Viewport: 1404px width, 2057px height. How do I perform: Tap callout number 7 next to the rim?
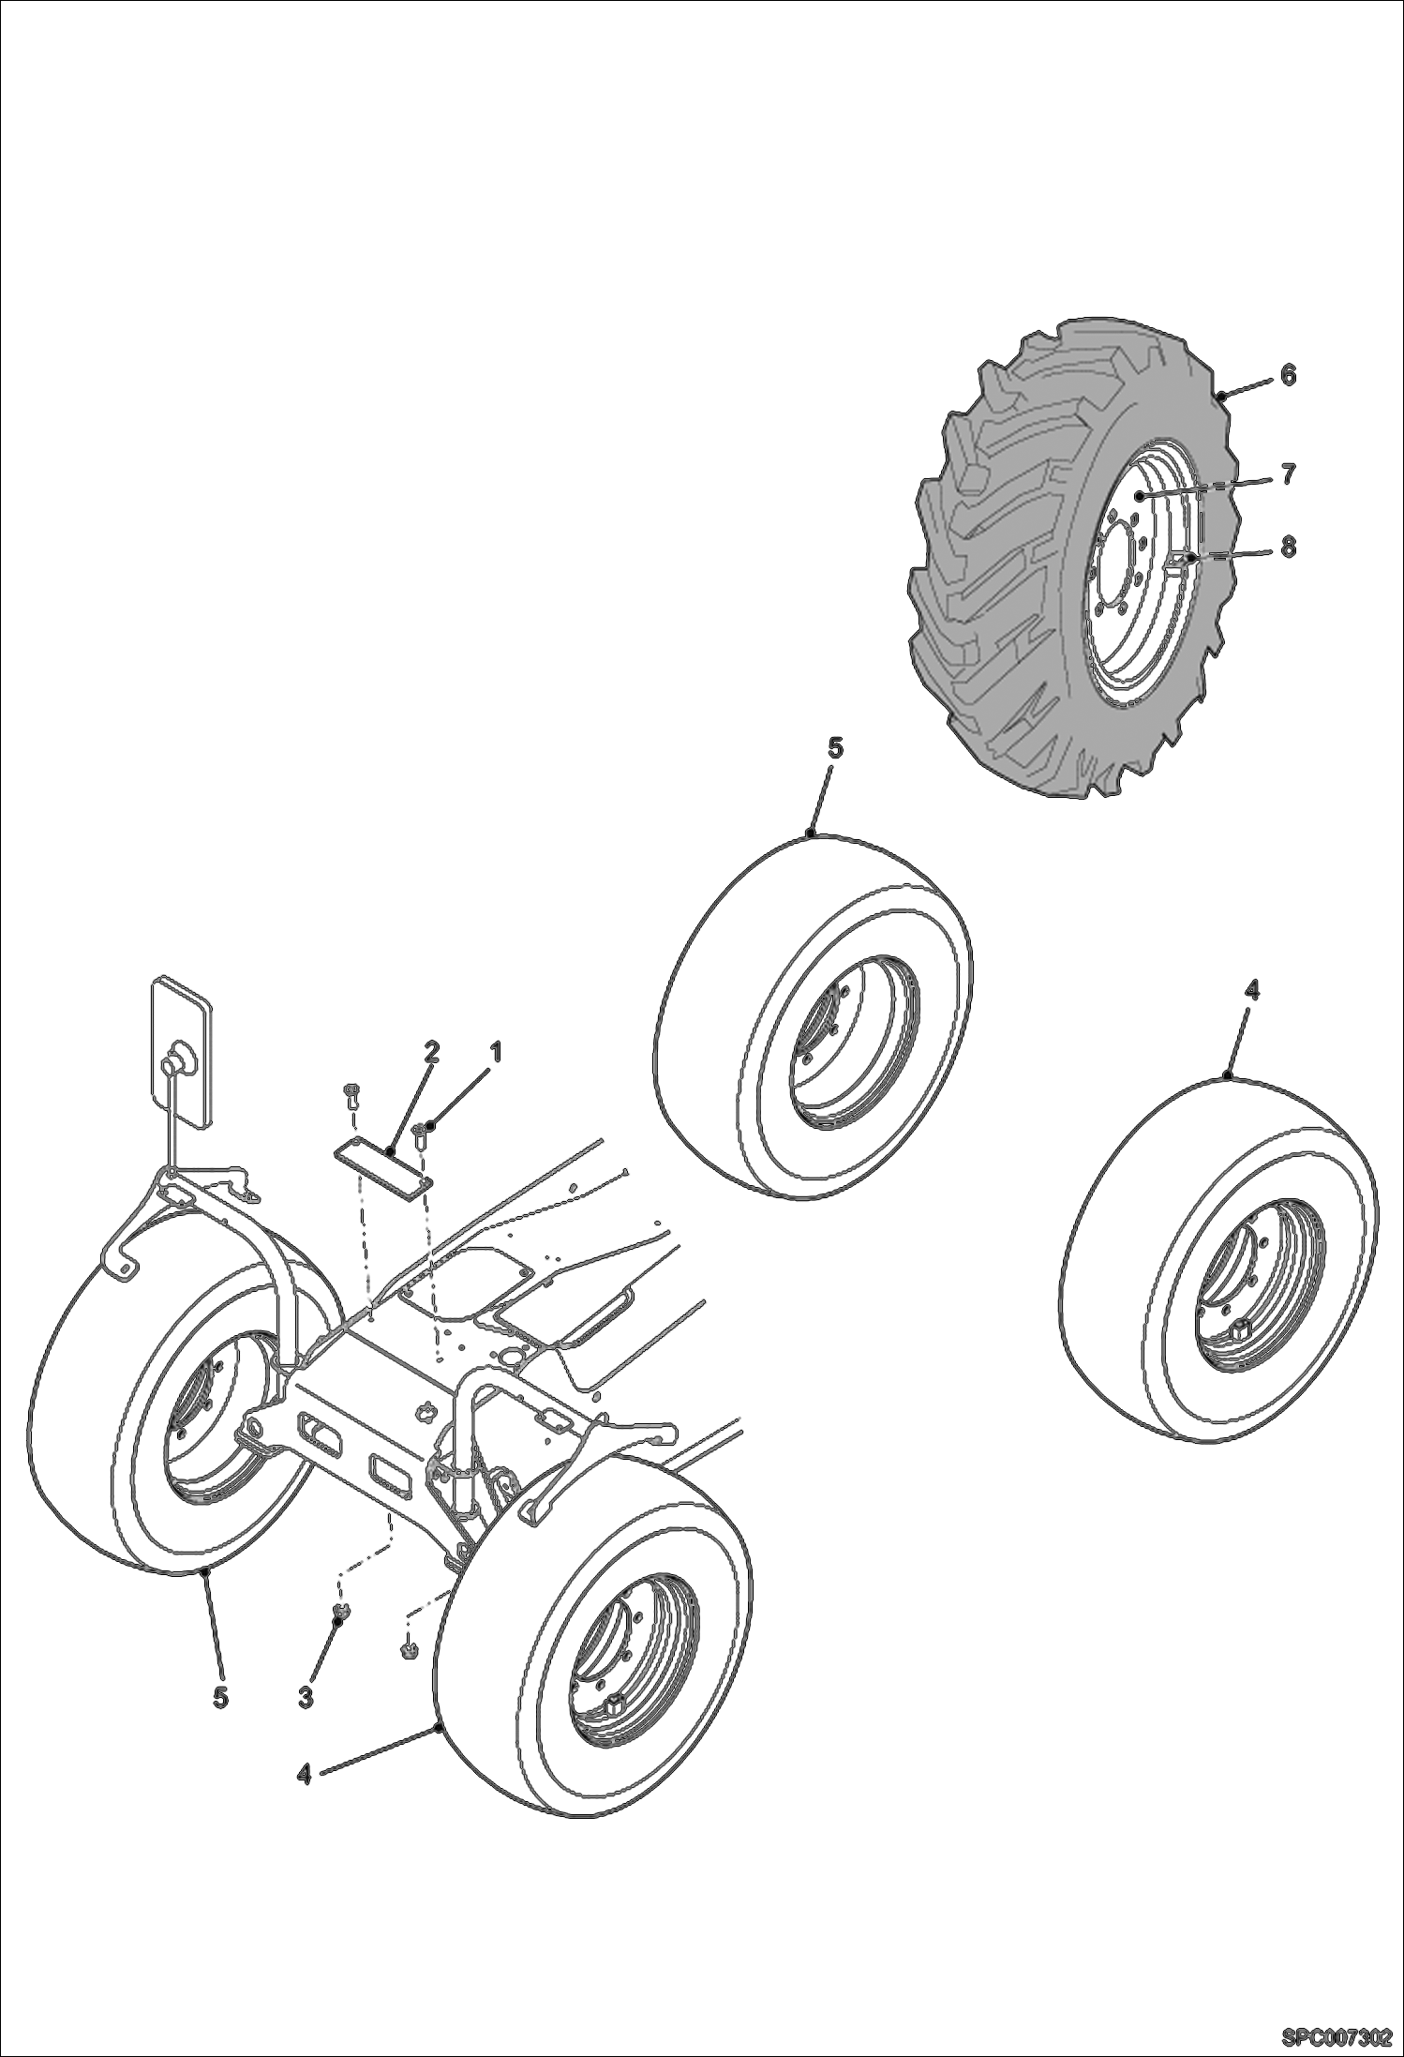point(1288,475)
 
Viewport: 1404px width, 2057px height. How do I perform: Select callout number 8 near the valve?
point(1288,546)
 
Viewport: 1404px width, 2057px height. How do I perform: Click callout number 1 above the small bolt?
point(496,1053)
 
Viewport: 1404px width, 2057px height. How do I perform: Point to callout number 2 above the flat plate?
point(430,1053)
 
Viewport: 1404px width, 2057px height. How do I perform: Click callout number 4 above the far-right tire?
point(1252,989)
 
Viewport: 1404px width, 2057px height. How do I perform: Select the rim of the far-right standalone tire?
point(1256,1299)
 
